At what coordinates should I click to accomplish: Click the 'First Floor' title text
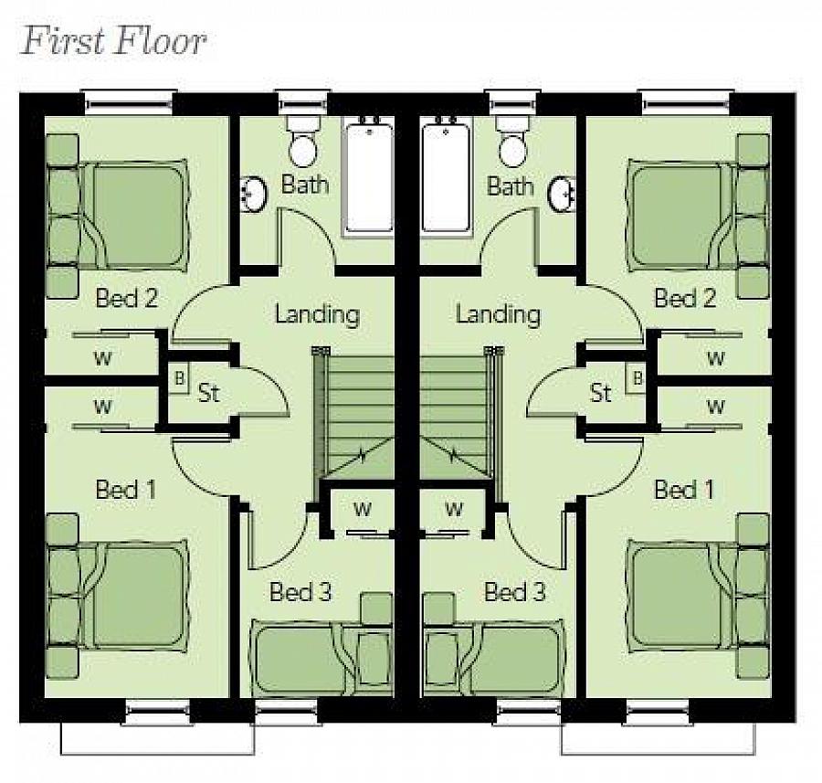point(113,41)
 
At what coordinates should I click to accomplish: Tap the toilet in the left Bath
point(303,141)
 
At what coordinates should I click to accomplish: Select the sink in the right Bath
point(563,194)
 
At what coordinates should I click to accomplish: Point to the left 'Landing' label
point(317,313)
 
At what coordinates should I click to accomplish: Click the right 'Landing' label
point(498,313)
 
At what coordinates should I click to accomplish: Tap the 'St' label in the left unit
point(208,392)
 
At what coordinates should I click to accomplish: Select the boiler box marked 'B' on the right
point(637,378)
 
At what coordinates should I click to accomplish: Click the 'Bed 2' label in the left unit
point(126,298)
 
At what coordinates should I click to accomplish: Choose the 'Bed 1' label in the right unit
point(684,490)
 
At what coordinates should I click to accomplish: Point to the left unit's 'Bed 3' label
point(300,591)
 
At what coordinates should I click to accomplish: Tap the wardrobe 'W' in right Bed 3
point(453,508)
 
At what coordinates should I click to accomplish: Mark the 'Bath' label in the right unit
point(510,185)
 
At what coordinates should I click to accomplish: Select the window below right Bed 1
point(658,712)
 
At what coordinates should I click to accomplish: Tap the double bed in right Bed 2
point(697,216)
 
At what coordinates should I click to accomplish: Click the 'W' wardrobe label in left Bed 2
point(102,358)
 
